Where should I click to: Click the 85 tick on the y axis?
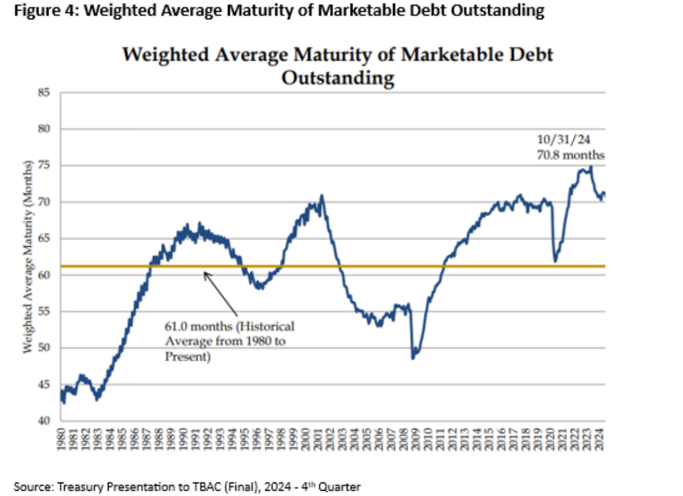click(44, 92)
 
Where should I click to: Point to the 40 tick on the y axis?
click(44, 421)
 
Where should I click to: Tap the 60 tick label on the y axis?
click(44, 275)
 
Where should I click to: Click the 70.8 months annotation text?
click(570, 155)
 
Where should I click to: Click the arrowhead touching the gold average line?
click(205, 273)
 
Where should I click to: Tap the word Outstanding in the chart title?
click(337, 78)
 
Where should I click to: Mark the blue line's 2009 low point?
click(413, 357)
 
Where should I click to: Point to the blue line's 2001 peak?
click(322, 196)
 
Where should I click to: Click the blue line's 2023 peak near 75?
click(591, 167)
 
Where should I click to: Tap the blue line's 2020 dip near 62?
click(555, 260)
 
